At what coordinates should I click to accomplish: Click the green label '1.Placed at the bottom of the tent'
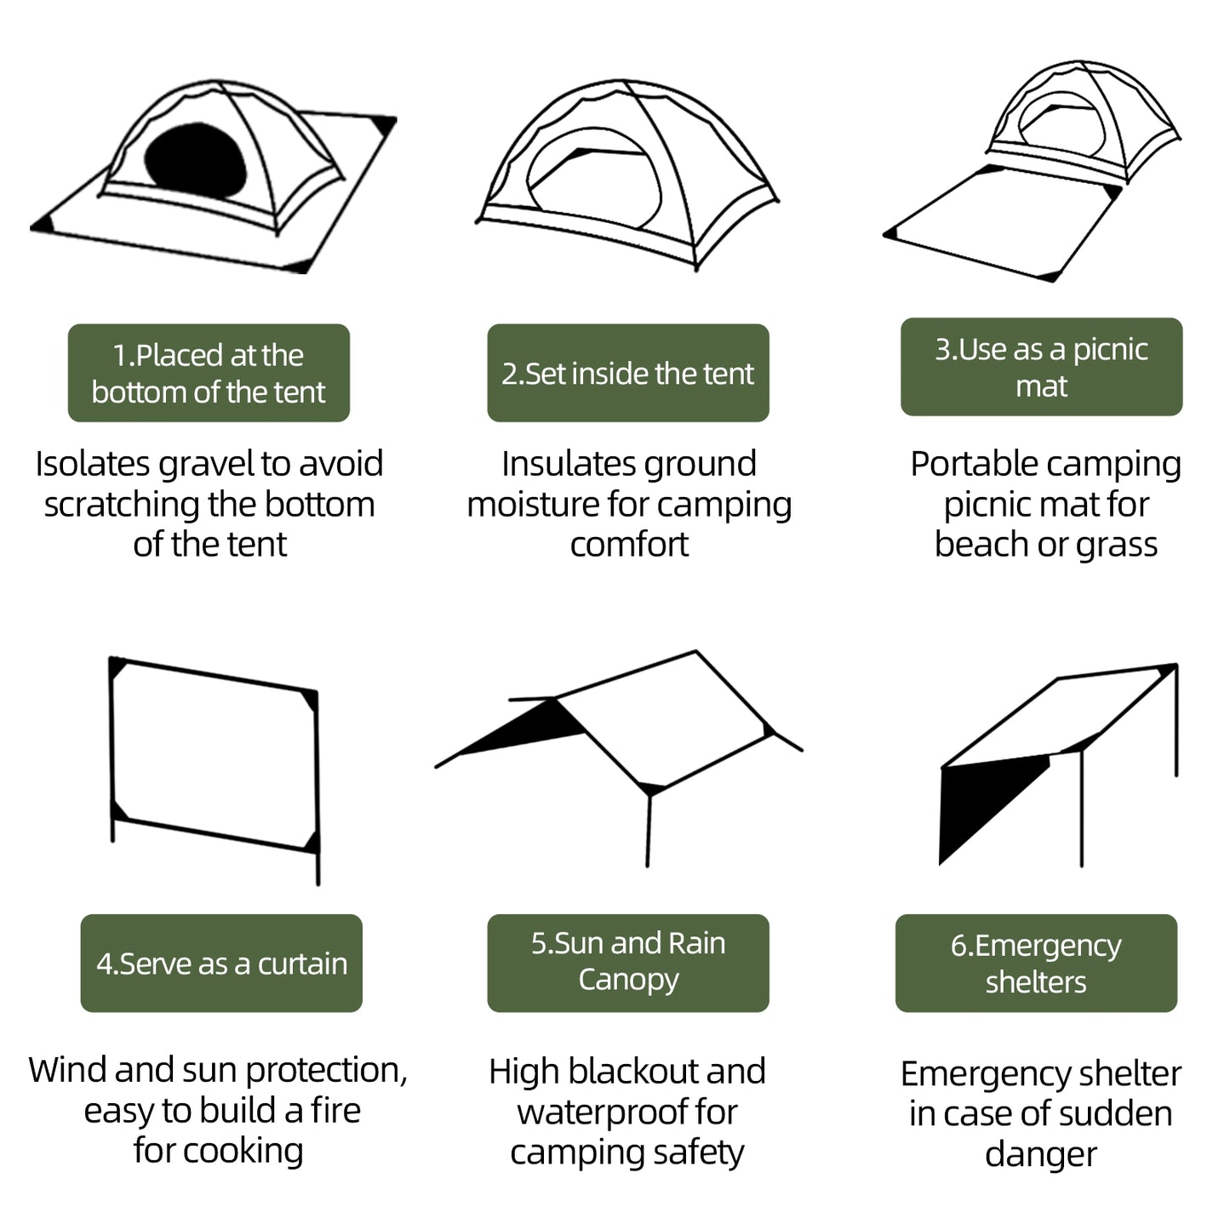(x=209, y=373)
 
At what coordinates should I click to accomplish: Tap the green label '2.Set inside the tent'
(x=627, y=373)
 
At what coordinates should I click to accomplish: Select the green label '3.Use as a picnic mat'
(x=1041, y=367)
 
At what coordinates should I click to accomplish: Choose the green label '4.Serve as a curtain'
(x=221, y=963)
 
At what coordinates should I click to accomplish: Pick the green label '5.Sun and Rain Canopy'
(x=627, y=962)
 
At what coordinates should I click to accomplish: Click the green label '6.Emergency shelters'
(x=1036, y=963)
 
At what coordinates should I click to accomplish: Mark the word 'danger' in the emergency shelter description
(x=1040, y=1154)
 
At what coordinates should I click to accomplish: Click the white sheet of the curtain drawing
(x=213, y=753)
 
